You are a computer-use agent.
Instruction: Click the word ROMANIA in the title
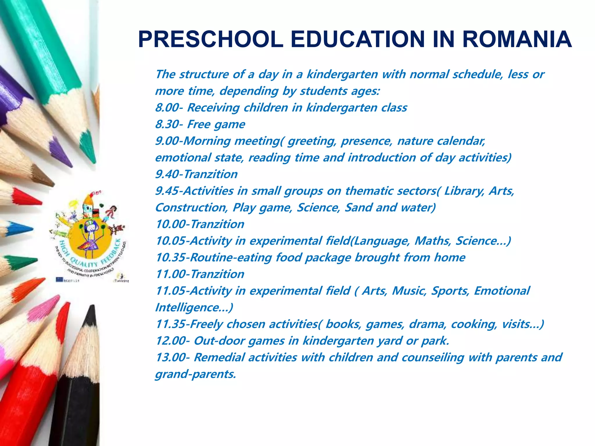[517, 39]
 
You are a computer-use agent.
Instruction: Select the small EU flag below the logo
[60, 280]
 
